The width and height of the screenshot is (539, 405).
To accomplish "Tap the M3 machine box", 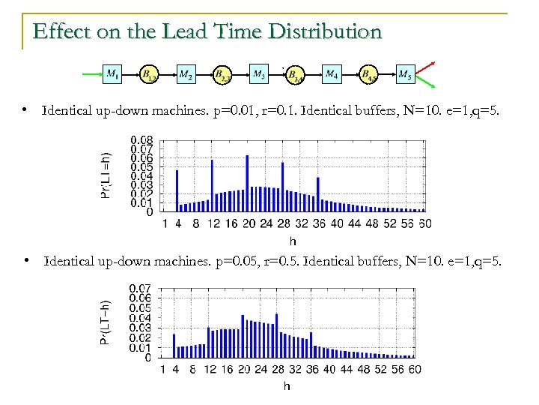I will click(258, 73).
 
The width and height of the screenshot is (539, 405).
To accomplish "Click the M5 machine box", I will click(404, 73).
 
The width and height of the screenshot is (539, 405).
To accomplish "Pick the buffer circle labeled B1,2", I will click(149, 74).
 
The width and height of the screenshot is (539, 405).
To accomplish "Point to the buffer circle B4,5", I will click(368, 74).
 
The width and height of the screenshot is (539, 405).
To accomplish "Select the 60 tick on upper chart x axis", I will click(424, 223).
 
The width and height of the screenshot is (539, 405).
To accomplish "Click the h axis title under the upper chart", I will click(292, 241).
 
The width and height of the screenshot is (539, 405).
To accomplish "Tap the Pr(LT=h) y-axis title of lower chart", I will click(106, 322).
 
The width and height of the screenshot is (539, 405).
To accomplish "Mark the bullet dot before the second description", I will click(25, 260).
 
